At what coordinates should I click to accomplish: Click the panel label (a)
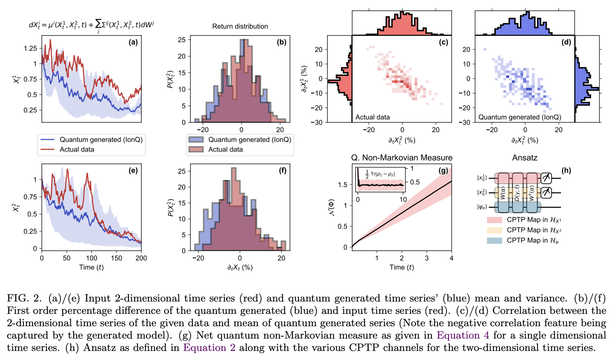click(x=133, y=42)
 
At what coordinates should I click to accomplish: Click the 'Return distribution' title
click(x=240, y=26)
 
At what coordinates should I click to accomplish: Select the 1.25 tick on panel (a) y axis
click(x=30, y=48)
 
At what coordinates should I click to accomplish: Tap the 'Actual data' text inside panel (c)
click(x=372, y=117)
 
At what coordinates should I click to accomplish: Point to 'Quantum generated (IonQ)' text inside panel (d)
click(x=519, y=117)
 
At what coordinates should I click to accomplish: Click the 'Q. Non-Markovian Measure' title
click(x=401, y=158)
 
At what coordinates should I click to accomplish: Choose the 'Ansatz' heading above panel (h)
click(x=524, y=158)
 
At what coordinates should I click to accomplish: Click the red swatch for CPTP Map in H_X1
click(x=494, y=220)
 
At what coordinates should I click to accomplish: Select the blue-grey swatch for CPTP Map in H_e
click(x=494, y=241)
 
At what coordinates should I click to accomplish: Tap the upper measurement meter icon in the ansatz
click(x=546, y=178)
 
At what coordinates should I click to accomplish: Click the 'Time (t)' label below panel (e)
click(x=91, y=267)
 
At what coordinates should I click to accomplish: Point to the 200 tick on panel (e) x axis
click(x=141, y=258)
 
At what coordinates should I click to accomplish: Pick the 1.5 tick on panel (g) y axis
click(x=342, y=185)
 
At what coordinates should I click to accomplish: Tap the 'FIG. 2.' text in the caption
click(x=24, y=298)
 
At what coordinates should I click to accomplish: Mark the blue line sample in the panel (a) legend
click(x=48, y=140)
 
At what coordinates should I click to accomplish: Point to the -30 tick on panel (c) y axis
click(x=317, y=122)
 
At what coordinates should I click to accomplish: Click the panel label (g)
click(x=443, y=170)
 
